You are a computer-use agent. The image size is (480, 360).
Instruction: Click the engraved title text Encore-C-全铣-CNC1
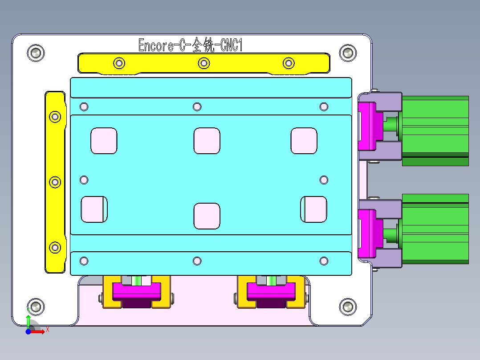tap(190, 46)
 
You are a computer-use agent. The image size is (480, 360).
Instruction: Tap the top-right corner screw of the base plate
tap(348, 53)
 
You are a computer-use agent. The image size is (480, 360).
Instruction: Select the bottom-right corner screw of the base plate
tap(348, 307)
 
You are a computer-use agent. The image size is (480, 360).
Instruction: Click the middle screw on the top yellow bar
tap(203, 63)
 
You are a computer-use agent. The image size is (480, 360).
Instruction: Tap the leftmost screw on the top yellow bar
tap(119, 63)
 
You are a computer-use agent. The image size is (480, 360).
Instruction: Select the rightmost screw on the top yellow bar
tap(289, 63)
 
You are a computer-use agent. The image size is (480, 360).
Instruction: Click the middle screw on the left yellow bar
tap(55, 182)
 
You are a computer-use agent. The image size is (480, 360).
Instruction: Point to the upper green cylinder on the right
tap(435, 131)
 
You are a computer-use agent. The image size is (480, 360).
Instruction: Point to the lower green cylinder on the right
tap(435, 229)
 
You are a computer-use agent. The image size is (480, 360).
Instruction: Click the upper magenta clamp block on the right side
tap(368, 126)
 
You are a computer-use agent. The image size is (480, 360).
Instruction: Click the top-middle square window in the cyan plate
tap(207, 141)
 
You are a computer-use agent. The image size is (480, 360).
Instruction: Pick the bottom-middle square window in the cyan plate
tap(207, 216)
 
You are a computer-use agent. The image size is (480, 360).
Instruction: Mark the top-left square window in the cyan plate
tap(104, 141)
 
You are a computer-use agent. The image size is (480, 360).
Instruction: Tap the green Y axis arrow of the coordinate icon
tap(28, 320)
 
